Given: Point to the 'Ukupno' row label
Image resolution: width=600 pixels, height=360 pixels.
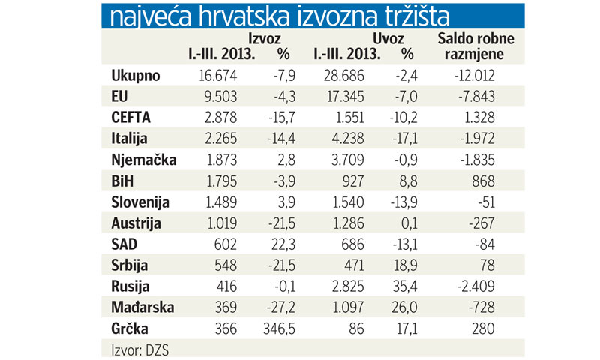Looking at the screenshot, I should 136,76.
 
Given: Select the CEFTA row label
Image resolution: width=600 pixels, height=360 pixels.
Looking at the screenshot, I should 132,118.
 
